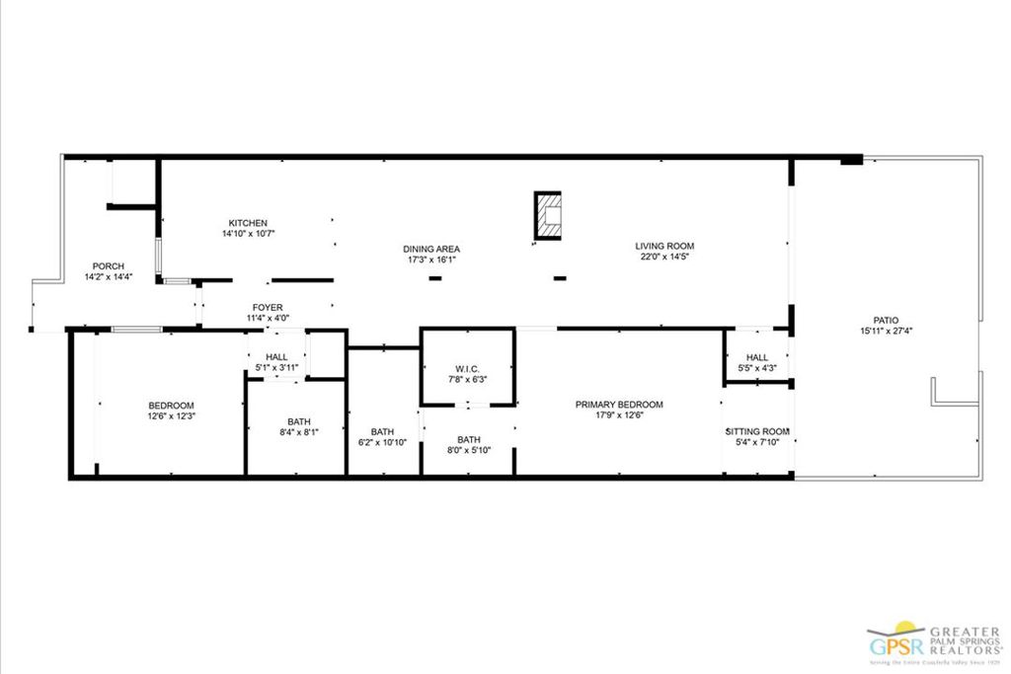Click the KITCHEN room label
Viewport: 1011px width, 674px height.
(248, 223)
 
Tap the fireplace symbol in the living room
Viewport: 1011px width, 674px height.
(548, 215)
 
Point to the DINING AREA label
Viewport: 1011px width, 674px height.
(431, 249)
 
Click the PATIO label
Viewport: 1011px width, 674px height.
(885, 320)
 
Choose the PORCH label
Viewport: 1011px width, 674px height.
(108, 266)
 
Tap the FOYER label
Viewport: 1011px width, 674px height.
(268, 307)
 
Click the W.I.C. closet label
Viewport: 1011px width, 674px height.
(467, 368)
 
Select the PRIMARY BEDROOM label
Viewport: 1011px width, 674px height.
(619, 405)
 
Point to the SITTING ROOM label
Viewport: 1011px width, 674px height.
(757, 431)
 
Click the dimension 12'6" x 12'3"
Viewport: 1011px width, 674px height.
(171, 416)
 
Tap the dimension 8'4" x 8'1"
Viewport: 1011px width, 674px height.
(299, 431)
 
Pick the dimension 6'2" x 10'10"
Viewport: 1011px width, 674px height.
(383, 442)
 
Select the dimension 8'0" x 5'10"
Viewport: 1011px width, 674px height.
(469, 450)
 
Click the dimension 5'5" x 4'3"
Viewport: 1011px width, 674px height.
(757, 369)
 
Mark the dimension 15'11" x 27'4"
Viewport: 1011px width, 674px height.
(885, 332)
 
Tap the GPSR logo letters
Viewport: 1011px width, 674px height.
(895, 646)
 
